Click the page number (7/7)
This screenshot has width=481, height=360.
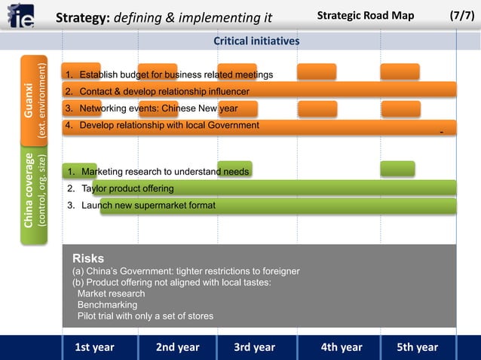click(x=461, y=16)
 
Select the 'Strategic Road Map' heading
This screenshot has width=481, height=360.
click(x=365, y=16)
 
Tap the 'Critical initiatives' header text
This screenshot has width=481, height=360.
click(x=256, y=41)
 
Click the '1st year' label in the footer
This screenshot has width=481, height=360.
click(x=94, y=347)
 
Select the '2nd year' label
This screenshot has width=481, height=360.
click(x=177, y=347)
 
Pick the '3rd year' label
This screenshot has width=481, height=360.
click(x=254, y=347)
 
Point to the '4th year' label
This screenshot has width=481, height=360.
click(x=341, y=347)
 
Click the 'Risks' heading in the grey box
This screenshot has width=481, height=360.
click(x=88, y=258)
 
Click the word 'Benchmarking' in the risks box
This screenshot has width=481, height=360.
click(x=107, y=305)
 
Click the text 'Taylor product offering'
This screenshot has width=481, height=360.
click(x=127, y=188)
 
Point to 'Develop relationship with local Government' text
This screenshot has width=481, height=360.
click(x=169, y=125)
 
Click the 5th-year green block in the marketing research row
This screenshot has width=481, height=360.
click(x=397, y=169)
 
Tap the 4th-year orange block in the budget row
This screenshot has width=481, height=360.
click(x=317, y=72)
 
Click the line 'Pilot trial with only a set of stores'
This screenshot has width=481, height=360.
click(x=145, y=316)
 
